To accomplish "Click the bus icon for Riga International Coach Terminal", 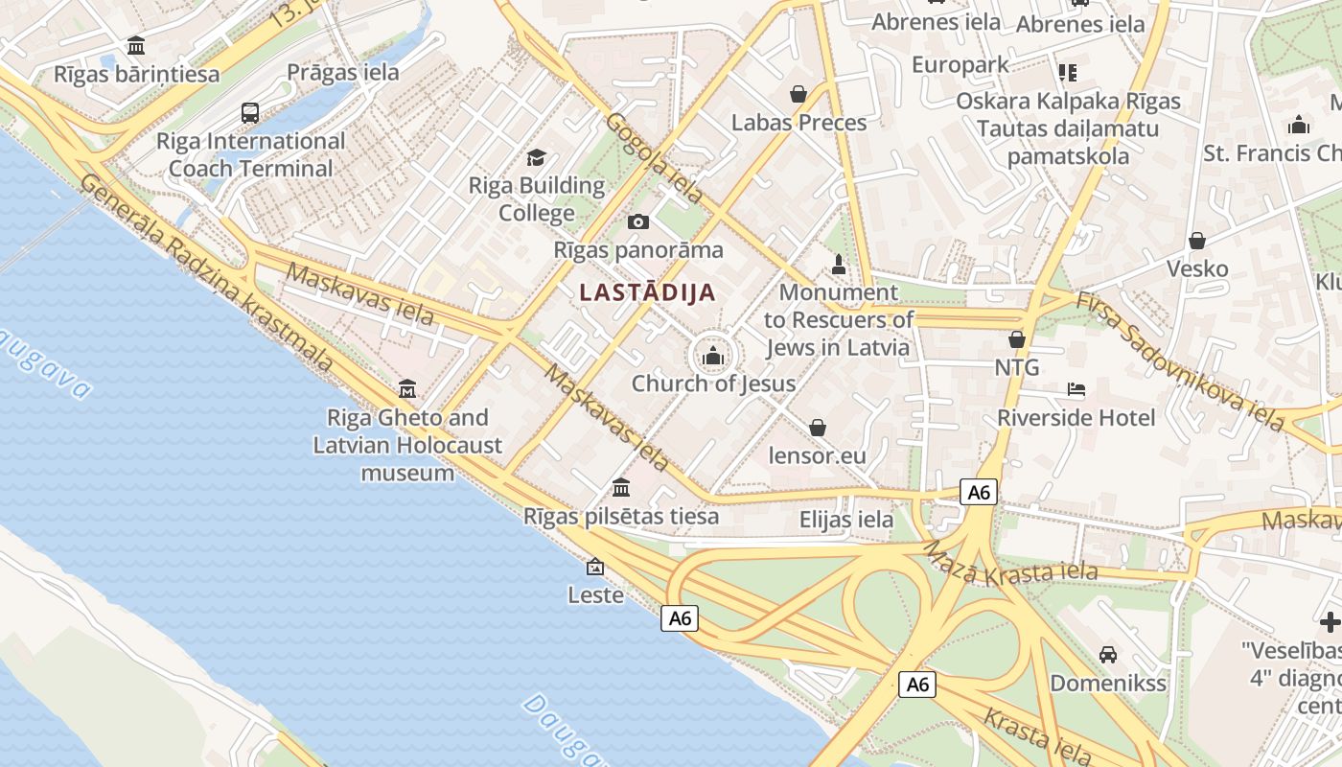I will (x=250, y=113).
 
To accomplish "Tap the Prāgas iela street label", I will (x=343, y=73).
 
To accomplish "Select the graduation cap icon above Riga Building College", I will (x=536, y=157).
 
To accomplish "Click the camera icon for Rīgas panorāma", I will (x=637, y=222).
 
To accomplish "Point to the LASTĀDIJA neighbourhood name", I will (x=648, y=293).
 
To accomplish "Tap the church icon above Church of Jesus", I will (x=712, y=358).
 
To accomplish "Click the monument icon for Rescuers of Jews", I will (x=839, y=264).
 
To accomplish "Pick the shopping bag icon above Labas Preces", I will (x=798, y=94).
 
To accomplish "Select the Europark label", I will (x=960, y=65).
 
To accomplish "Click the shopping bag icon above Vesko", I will (x=1196, y=241).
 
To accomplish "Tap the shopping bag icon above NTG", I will (x=1017, y=339).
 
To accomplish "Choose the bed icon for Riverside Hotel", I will (x=1076, y=389).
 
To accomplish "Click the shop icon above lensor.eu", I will (x=818, y=427).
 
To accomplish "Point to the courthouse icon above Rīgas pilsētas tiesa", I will (x=620, y=487).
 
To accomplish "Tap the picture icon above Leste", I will (x=595, y=567).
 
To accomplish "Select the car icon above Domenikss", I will (x=1108, y=655).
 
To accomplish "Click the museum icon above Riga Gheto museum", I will (x=407, y=388).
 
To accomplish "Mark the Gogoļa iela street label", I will (x=655, y=158).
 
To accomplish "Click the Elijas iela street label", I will (x=846, y=521).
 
